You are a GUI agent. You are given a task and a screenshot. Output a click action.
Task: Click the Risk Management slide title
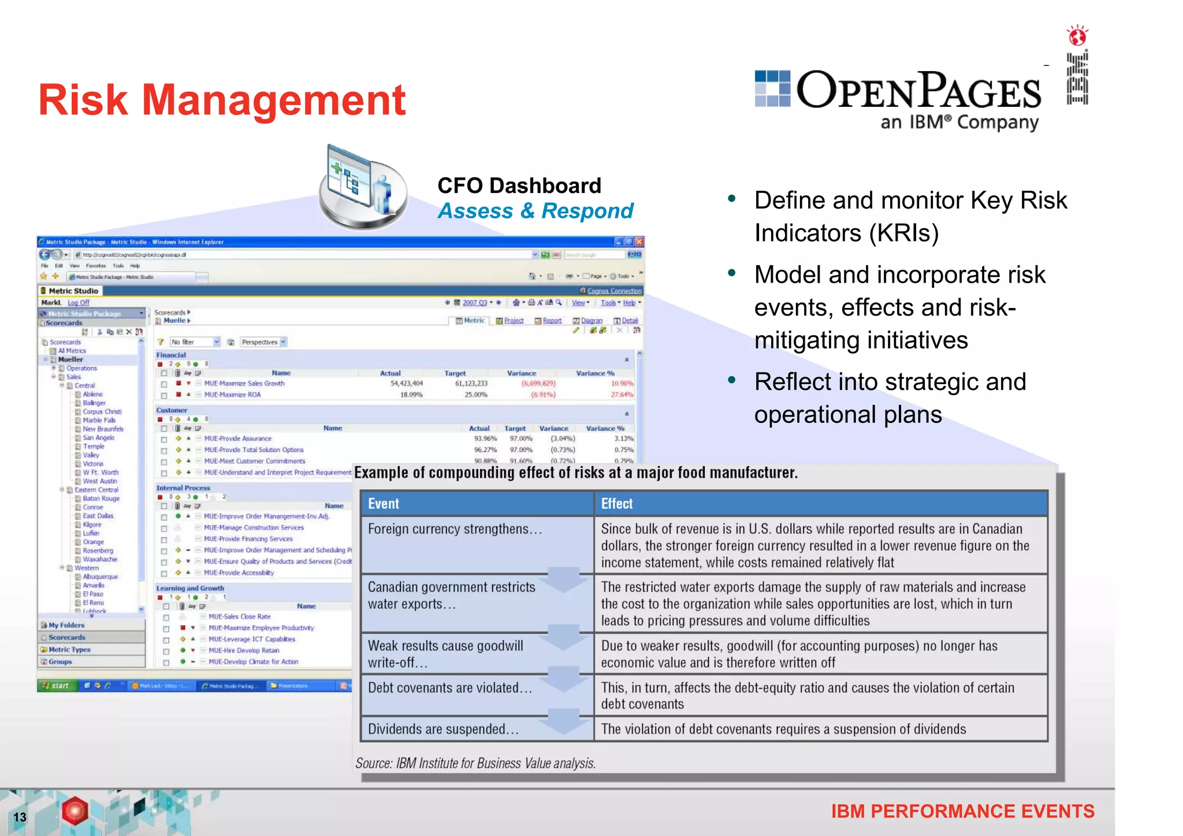point(222,100)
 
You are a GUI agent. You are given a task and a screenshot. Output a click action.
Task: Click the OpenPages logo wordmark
point(918,91)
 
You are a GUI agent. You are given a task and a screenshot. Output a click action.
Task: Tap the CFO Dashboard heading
point(519,185)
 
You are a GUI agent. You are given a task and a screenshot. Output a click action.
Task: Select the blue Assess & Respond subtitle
point(535,211)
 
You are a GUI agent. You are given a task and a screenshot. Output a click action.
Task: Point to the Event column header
point(384,504)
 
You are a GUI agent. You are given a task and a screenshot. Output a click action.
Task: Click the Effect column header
point(617,504)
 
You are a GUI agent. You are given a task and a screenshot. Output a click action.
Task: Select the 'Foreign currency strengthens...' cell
point(455,529)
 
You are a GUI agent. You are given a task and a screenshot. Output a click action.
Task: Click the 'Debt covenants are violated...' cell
point(450,688)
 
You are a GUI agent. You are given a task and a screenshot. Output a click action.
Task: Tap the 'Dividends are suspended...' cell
point(443,729)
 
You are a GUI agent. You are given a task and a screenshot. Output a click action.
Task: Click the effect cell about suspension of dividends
point(783,729)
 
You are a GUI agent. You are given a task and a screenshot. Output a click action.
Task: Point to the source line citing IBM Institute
point(475,763)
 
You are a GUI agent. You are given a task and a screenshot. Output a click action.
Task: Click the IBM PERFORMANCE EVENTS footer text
point(962,811)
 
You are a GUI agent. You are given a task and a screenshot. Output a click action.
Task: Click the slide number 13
point(20,817)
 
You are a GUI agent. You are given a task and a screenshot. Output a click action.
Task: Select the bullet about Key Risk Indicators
point(910,217)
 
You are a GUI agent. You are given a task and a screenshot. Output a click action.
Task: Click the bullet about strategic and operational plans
point(890,398)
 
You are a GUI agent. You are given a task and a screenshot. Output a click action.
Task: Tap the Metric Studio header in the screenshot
point(73,291)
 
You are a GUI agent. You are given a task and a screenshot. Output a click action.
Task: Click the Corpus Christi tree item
point(102,412)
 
